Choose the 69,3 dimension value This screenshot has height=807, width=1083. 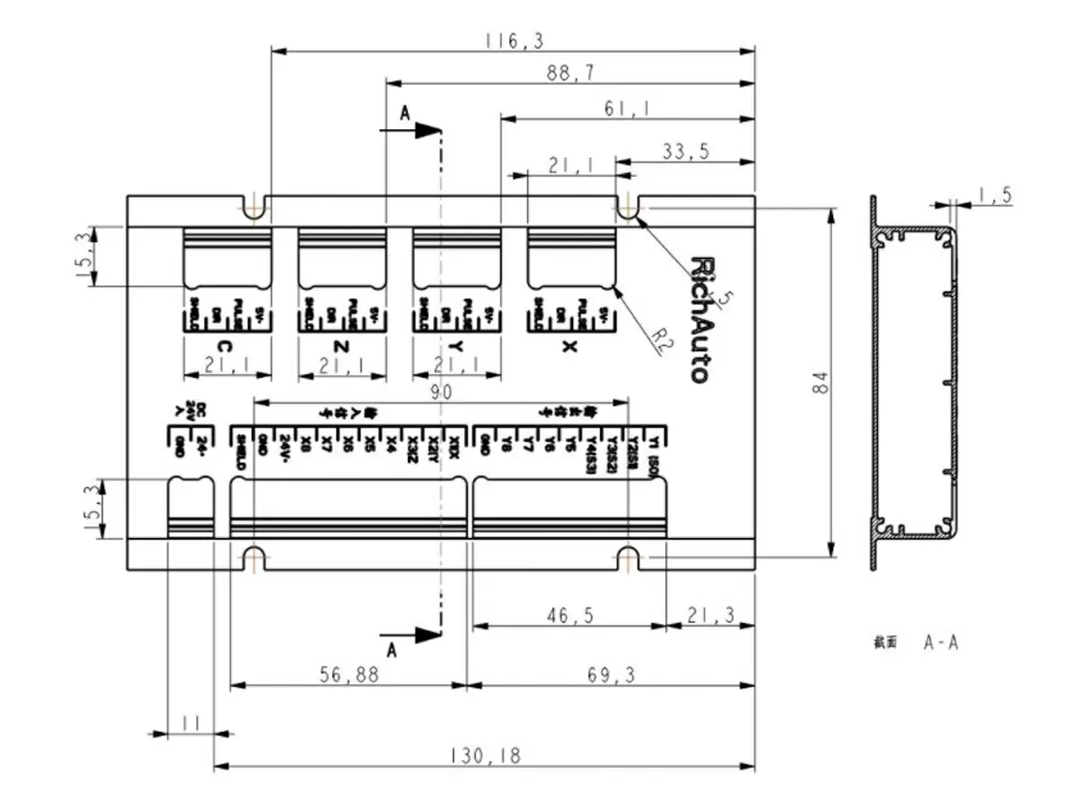611,674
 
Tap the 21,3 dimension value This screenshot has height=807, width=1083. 709,616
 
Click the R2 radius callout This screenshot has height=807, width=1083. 663,339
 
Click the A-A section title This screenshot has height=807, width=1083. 940,643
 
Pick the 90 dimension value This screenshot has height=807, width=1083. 441,392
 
